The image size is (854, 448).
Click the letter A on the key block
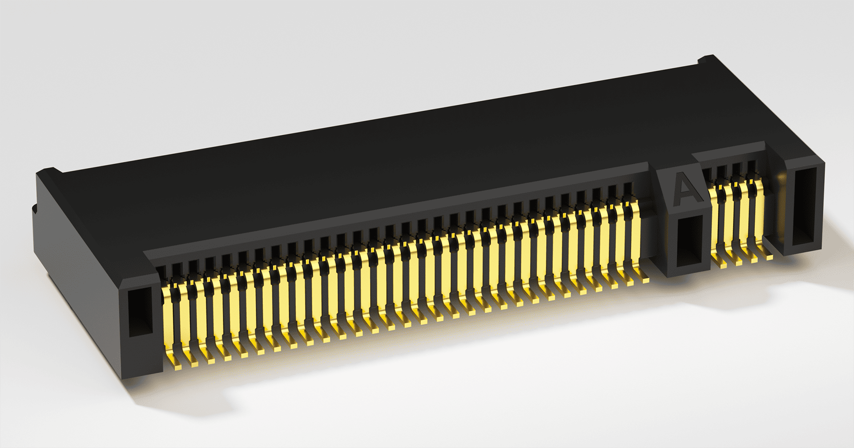coord(686,190)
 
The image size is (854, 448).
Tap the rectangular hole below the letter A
coord(688,240)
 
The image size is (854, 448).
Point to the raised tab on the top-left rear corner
coord(49,171)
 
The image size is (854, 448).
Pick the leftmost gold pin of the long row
coord(171,323)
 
